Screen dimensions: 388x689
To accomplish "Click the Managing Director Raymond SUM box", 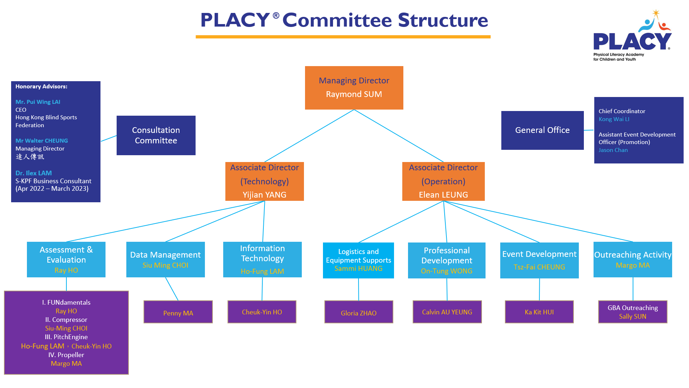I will [x=354, y=88].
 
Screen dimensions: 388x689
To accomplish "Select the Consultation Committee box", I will [x=156, y=135].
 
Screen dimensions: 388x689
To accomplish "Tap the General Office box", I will [x=542, y=130].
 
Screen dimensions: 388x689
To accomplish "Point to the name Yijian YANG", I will [x=264, y=195].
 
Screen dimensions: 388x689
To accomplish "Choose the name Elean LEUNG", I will [x=443, y=195].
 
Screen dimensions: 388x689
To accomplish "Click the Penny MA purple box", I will [x=178, y=312].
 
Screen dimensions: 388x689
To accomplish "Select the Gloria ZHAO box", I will [x=358, y=312].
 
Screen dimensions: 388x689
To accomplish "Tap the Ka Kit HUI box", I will [x=539, y=312].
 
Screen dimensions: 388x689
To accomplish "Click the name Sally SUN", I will [x=632, y=317].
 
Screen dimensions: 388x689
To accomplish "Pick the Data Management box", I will [x=165, y=259].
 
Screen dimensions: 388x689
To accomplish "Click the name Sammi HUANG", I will [x=358, y=268].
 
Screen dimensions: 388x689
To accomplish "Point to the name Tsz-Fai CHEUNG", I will [x=539, y=267].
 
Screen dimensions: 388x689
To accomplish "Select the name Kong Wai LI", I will [x=614, y=119].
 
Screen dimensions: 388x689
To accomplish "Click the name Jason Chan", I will [x=613, y=150].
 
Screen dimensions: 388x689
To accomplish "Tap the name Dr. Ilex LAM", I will [x=33, y=173].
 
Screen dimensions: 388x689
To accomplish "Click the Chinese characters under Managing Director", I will [x=30, y=157].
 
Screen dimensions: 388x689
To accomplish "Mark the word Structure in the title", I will [x=443, y=20].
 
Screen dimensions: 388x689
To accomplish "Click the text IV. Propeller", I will [x=66, y=355].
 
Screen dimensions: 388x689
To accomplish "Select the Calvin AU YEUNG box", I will [x=447, y=312].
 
